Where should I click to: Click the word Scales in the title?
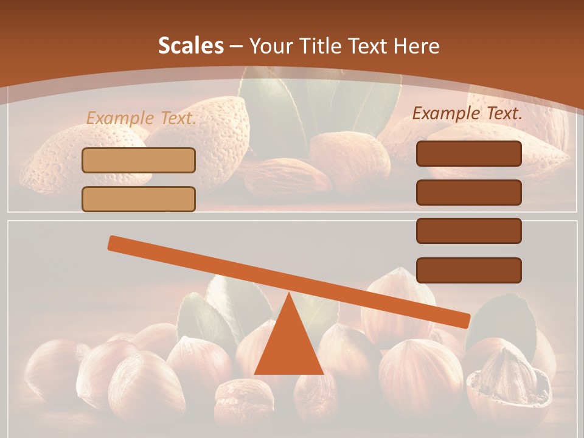point(190,46)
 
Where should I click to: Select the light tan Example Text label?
point(141,118)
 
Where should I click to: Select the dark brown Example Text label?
point(467,113)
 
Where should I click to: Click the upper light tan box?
point(139,160)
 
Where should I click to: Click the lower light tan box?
point(139,199)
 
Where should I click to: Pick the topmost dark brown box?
point(468,153)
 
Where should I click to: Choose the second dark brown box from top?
point(468,192)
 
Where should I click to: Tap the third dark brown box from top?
point(468,231)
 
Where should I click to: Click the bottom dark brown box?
point(468,270)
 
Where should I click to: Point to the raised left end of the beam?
point(114,243)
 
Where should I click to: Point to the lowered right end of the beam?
point(464,321)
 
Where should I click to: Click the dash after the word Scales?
point(236,46)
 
